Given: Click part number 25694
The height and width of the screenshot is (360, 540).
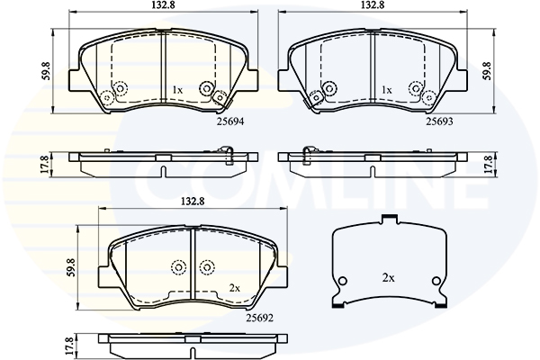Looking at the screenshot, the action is [x=230, y=121].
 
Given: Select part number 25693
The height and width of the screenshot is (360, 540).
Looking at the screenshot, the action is [x=439, y=121].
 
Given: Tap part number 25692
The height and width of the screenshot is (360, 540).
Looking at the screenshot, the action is [x=259, y=318].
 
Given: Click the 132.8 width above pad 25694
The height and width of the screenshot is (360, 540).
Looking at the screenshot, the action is [x=164, y=5].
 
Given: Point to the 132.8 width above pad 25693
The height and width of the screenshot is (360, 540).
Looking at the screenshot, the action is [x=373, y=5].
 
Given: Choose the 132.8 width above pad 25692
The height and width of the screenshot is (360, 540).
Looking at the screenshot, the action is [x=193, y=202].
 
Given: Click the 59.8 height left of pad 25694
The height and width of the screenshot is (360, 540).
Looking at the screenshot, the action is [x=46, y=70].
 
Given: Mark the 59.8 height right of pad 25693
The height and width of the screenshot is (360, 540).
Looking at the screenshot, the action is [x=486, y=70].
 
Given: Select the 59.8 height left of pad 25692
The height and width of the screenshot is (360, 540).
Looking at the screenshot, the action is [x=70, y=267].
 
